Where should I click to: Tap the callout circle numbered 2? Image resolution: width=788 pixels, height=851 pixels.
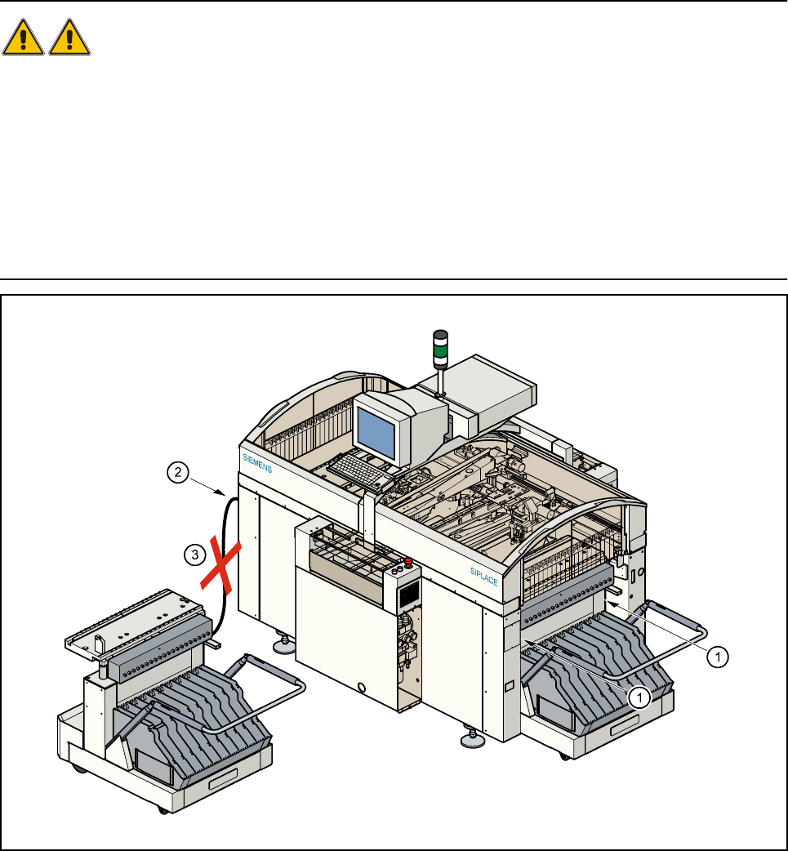[179, 470]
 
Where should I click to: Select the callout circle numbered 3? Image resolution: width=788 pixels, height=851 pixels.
[193, 555]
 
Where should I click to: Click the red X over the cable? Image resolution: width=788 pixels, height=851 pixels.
[220, 563]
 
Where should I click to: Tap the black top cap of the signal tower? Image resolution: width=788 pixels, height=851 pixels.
[441, 335]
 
